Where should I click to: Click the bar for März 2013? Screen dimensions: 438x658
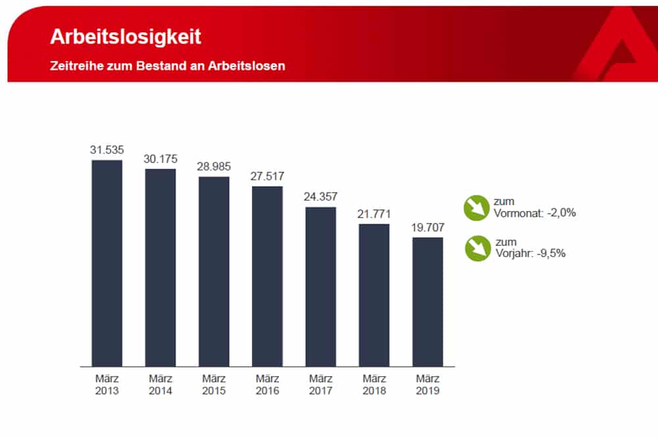tap(107, 263)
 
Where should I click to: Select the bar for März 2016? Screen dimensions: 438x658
tap(267, 276)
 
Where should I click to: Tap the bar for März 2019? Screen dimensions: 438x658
tap(428, 302)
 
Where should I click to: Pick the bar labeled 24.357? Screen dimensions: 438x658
tap(320, 287)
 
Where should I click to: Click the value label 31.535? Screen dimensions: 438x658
tap(107, 150)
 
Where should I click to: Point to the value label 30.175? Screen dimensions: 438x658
tap(161, 159)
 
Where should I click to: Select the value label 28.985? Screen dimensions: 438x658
tap(214, 166)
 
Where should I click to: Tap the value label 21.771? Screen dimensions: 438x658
tap(374, 214)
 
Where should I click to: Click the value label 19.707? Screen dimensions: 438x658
tap(428, 228)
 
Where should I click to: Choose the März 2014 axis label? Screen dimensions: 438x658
tap(161, 385)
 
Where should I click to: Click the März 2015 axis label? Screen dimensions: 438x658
tap(214, 385)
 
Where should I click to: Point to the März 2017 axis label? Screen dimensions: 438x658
tap(320, 385)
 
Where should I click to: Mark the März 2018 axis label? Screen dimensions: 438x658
tap(374, 385)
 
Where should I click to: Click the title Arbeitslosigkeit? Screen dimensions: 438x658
tap(126, 37)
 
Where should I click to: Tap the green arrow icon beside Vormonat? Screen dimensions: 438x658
tap(475, 207)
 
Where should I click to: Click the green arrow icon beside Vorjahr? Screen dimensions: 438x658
tap(475, 249)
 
